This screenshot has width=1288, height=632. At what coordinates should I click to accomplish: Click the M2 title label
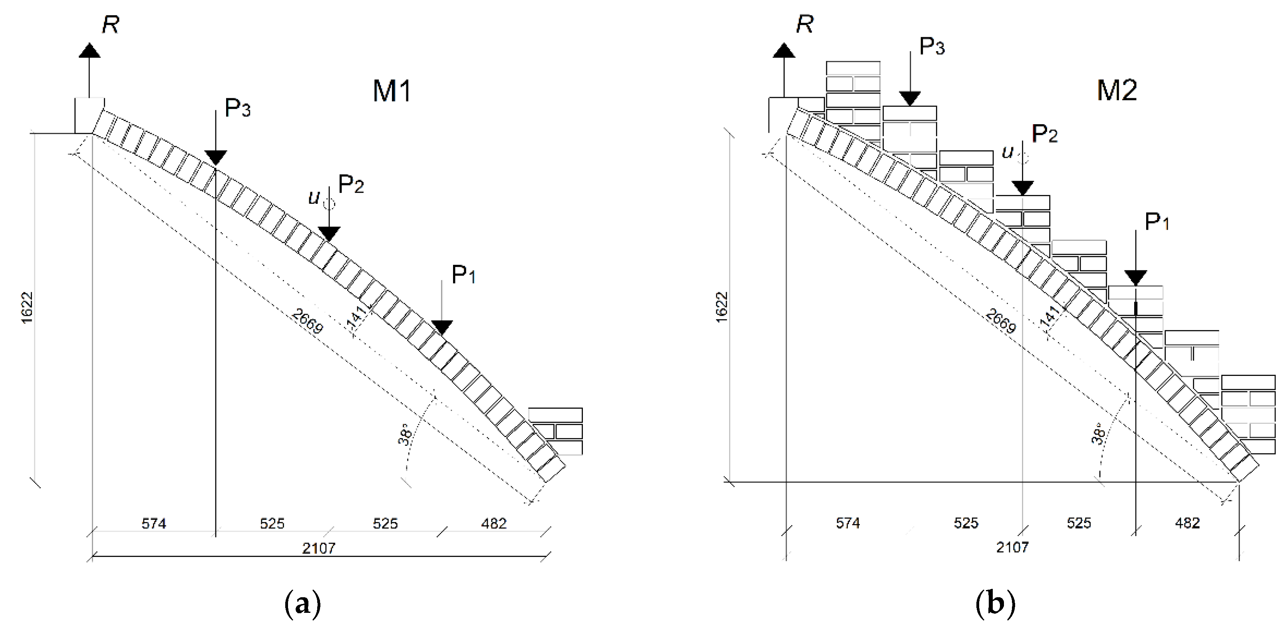pyautogui.click(x=1117, y=91)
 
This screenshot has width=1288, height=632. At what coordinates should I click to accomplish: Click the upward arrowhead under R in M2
pyautogui.click(x=783, y=50)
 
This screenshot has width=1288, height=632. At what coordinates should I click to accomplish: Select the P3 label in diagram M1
pyautogui.click(x=237, y=108)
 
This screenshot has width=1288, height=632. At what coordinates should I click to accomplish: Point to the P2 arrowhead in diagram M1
pyautogui.click(x=329, y=233)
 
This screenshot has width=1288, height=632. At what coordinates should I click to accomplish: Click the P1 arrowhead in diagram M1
pyautogui.click(x=441, y=328)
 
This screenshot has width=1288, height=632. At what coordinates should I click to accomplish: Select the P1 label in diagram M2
pyautogui.click(x=1157, y=221)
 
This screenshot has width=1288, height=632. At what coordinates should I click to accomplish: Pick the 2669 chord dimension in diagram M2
pyautogui.click(x=1000, y=321)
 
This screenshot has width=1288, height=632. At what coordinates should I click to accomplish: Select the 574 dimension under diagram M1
pyautogui.click(x=153, y=523)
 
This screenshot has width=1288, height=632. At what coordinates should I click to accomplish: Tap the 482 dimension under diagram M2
pyautogui.click(x=1187, y=523)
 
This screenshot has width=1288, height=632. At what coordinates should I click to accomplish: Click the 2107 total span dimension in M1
pyautogui.click(x=318, y=549)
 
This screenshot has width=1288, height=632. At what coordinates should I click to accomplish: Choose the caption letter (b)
pyautogui.click(x=995, y=604)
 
